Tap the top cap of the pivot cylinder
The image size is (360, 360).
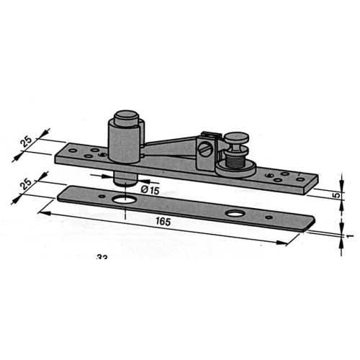127,117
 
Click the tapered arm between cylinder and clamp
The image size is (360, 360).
170,144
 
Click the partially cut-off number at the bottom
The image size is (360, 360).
101,257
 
